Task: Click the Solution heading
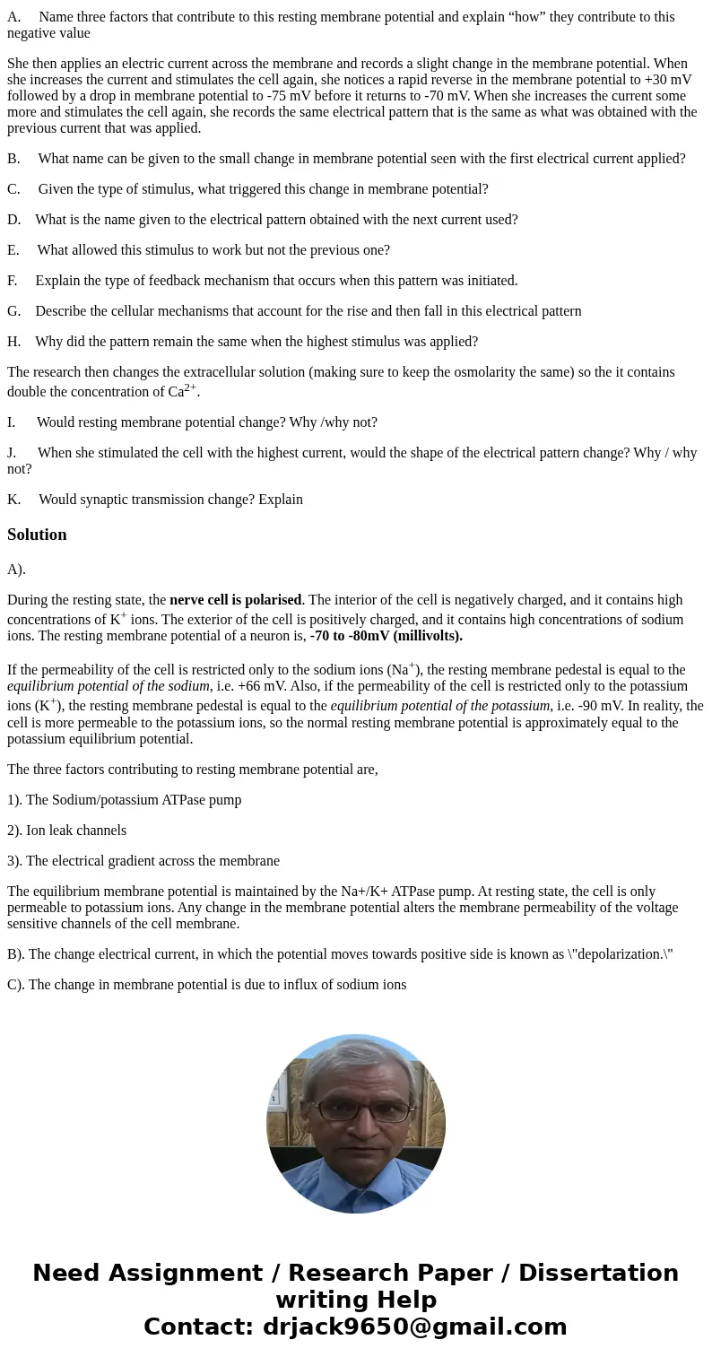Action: (x=37, y=535)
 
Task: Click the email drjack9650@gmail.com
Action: (x=415, y=1327)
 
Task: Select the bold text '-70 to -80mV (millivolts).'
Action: (x=386, y=636)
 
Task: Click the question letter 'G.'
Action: (x=14, y=311)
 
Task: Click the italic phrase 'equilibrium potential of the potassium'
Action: (x=440, y=706)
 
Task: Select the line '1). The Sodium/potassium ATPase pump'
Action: (x=125, y=800)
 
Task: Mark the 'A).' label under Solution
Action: (x=16, y=570)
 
